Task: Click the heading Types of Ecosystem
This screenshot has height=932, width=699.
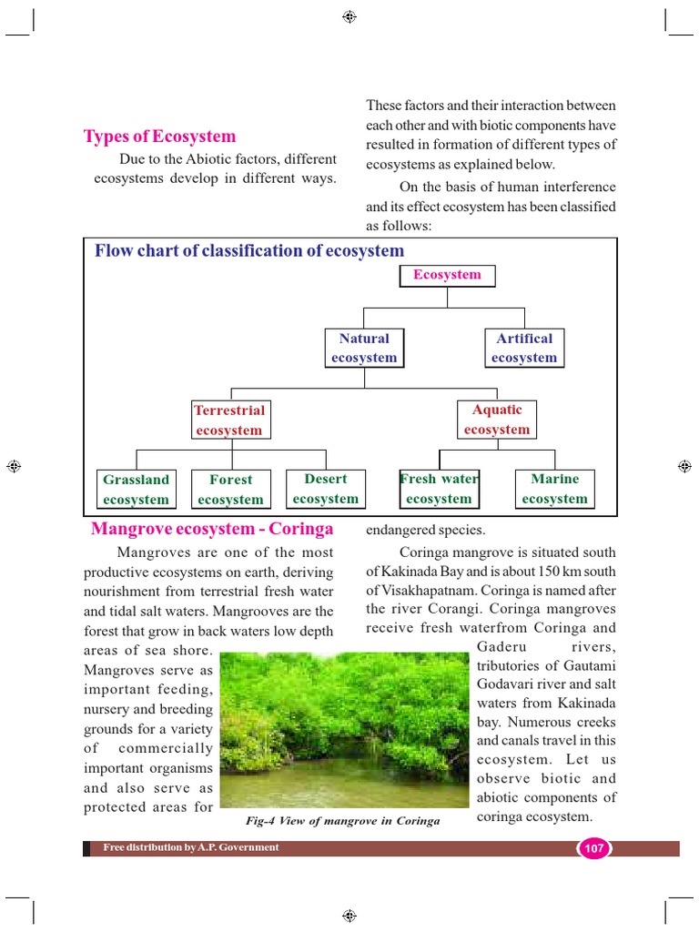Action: click(159, 137)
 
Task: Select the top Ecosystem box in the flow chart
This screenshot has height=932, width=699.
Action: click(447, 275)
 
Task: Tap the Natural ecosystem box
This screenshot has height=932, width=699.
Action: click(364, 348)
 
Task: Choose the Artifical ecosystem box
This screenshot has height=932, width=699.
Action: click(524, 348)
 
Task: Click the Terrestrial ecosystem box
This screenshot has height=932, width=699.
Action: click(229, 420)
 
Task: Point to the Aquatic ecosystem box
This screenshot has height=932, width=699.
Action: click(497, 420)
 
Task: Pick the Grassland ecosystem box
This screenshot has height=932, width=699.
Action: click(136, 489)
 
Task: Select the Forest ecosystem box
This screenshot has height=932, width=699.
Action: click(230, 489)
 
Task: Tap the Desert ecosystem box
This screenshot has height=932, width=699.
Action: click(326, 489)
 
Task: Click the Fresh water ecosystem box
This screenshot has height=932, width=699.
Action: click(439, 489)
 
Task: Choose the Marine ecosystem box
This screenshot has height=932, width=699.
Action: click(555, 489)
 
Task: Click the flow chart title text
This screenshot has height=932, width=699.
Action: click(249, 251)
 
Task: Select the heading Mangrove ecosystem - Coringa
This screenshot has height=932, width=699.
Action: click(211, 529)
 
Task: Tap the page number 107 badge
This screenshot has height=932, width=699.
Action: click(593, 848)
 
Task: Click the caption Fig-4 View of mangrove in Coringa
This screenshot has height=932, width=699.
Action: click(343, 821)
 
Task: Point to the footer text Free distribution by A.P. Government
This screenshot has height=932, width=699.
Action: click(191, 847)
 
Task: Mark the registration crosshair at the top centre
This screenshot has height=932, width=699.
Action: click(349, 17)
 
